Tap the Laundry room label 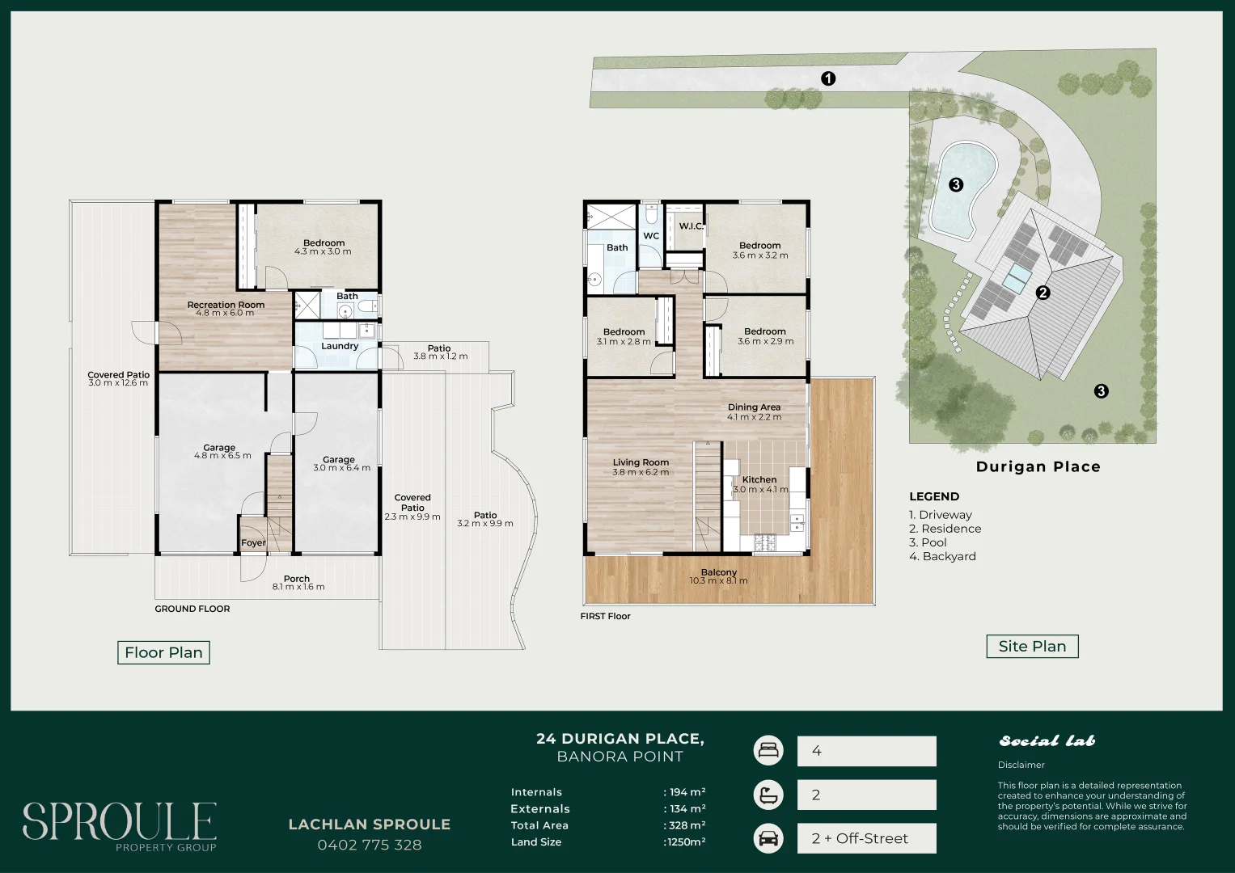(340, 346)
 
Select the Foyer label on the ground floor (254, 543)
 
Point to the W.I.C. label (691, 226)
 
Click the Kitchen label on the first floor (759, 480)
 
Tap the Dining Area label (755, 407)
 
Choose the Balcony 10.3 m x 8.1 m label (719, 576)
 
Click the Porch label (297, 579)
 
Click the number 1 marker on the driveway (828, 79)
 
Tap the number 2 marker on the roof (1043, 293)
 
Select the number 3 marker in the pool (956, 184)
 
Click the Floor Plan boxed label (163, 652)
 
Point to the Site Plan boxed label (1033, 647)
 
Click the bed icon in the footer (768, 751)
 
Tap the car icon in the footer (768, 838)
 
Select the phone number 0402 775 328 (370, 845)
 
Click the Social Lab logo (1047, 740)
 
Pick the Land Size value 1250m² (685, 841)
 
